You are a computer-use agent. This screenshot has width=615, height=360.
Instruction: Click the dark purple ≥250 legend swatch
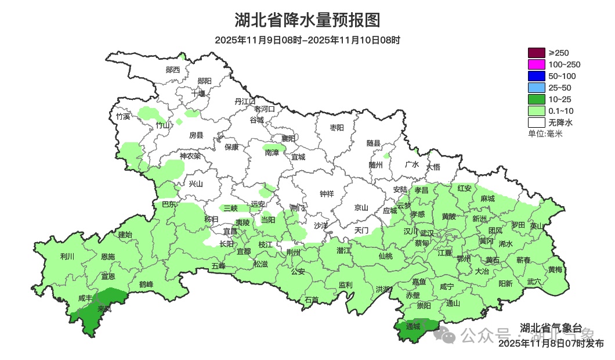pos(536,53)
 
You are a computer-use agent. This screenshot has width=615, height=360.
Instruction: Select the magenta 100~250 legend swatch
pos(536,64)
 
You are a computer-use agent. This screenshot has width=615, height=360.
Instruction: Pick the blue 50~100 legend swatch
pos(536,76)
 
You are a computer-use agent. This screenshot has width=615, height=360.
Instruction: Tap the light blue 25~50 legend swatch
pos(536,88)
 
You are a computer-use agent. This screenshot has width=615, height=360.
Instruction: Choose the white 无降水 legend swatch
pos(536,123)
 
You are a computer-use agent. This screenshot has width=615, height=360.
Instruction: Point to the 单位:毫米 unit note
pos(545,134)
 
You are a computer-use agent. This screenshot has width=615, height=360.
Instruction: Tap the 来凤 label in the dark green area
pos(104,308)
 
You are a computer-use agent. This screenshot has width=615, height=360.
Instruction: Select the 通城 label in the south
pos(413,326)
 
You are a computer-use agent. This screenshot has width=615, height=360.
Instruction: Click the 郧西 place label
pos(172,70)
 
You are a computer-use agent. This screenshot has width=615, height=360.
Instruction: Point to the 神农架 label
pos(190,156)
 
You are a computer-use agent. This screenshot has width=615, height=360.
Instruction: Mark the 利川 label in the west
pos(67,256)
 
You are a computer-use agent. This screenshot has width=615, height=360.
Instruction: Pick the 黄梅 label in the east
pos(555,269)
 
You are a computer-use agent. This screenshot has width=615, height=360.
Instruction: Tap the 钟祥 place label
pos(327,194)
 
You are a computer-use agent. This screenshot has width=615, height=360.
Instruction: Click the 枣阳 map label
pos(337,127)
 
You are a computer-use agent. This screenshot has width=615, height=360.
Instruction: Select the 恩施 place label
pos(107,256)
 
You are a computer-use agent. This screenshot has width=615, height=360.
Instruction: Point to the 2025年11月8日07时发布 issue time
pos(551,344)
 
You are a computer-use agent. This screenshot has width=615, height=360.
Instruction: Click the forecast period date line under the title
pos(307,40)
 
